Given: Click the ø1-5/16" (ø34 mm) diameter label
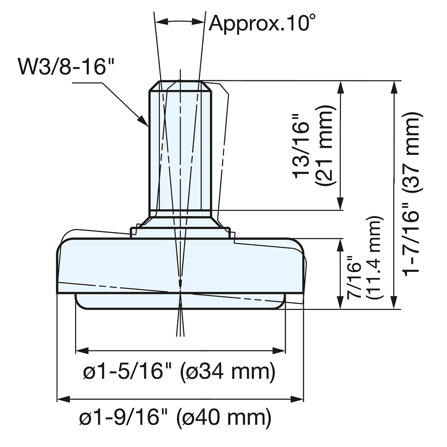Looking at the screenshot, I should (x=179, y=371).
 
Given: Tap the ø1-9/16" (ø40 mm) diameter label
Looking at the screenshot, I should (x=175, y=418).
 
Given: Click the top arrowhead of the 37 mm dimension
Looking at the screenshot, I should (x=393, y=86).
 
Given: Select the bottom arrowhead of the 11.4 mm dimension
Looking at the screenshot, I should (x=341, y=304).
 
